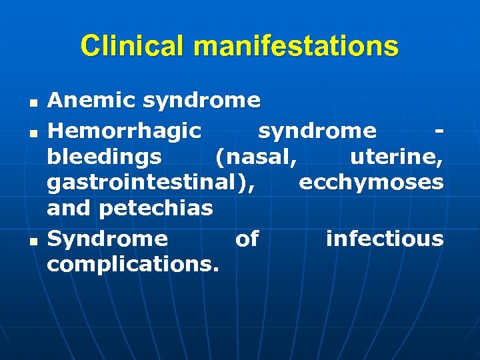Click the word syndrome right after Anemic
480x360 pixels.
click(x=201, y=101)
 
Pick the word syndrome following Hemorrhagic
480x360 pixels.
click(x=317, y=131)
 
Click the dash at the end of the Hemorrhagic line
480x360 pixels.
click(x=438, y=130)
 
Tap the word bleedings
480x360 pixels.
click(x=104, y=157)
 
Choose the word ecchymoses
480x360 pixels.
click(x=371, y=183)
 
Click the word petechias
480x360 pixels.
click(x=156, y=209)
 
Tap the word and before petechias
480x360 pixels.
click(x=69, y=209)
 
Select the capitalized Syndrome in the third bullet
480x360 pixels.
click(x=107, y=239)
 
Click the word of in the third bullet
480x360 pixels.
click(x=247, y=239)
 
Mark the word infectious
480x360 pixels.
click(x=385, y=238)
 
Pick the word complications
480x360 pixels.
click(x=133, y=265)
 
